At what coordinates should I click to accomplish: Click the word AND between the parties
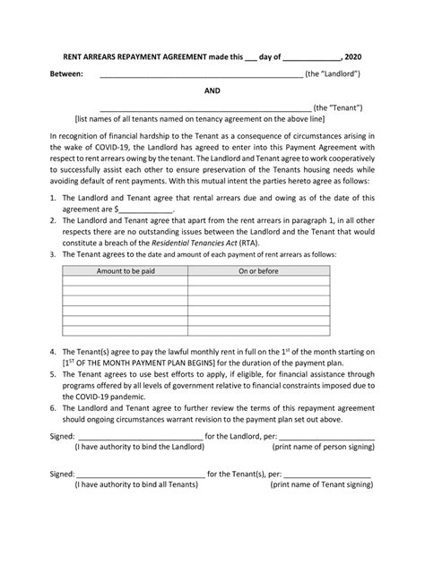(x=213, y=90)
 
